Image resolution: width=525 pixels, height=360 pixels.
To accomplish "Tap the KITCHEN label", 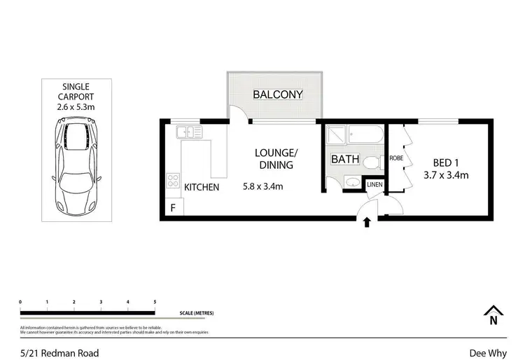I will (x=202, y=187).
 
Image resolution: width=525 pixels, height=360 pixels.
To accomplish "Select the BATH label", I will (x=345, y=159).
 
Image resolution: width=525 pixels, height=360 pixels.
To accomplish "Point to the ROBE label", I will (x=395, y=158).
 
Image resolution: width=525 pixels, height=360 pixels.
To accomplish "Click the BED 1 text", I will (x=445, y=159).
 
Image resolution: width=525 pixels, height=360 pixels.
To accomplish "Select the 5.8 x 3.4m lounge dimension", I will (x=262, y=187).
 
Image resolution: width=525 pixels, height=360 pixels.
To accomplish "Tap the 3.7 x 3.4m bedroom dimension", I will (x=445, y=174).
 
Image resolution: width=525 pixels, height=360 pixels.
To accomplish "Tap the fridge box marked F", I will (x=172, y=207).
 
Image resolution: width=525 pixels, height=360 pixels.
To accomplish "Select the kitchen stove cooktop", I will (x=172, y=181).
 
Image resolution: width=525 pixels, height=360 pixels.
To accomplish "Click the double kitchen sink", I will (x=190, y=132).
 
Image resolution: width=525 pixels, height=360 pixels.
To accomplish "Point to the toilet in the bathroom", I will (x=372, y=162).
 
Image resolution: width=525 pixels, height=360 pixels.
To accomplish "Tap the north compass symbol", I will (x=493, y=315).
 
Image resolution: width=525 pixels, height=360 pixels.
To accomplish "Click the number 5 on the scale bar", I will (x=155, y=301).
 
